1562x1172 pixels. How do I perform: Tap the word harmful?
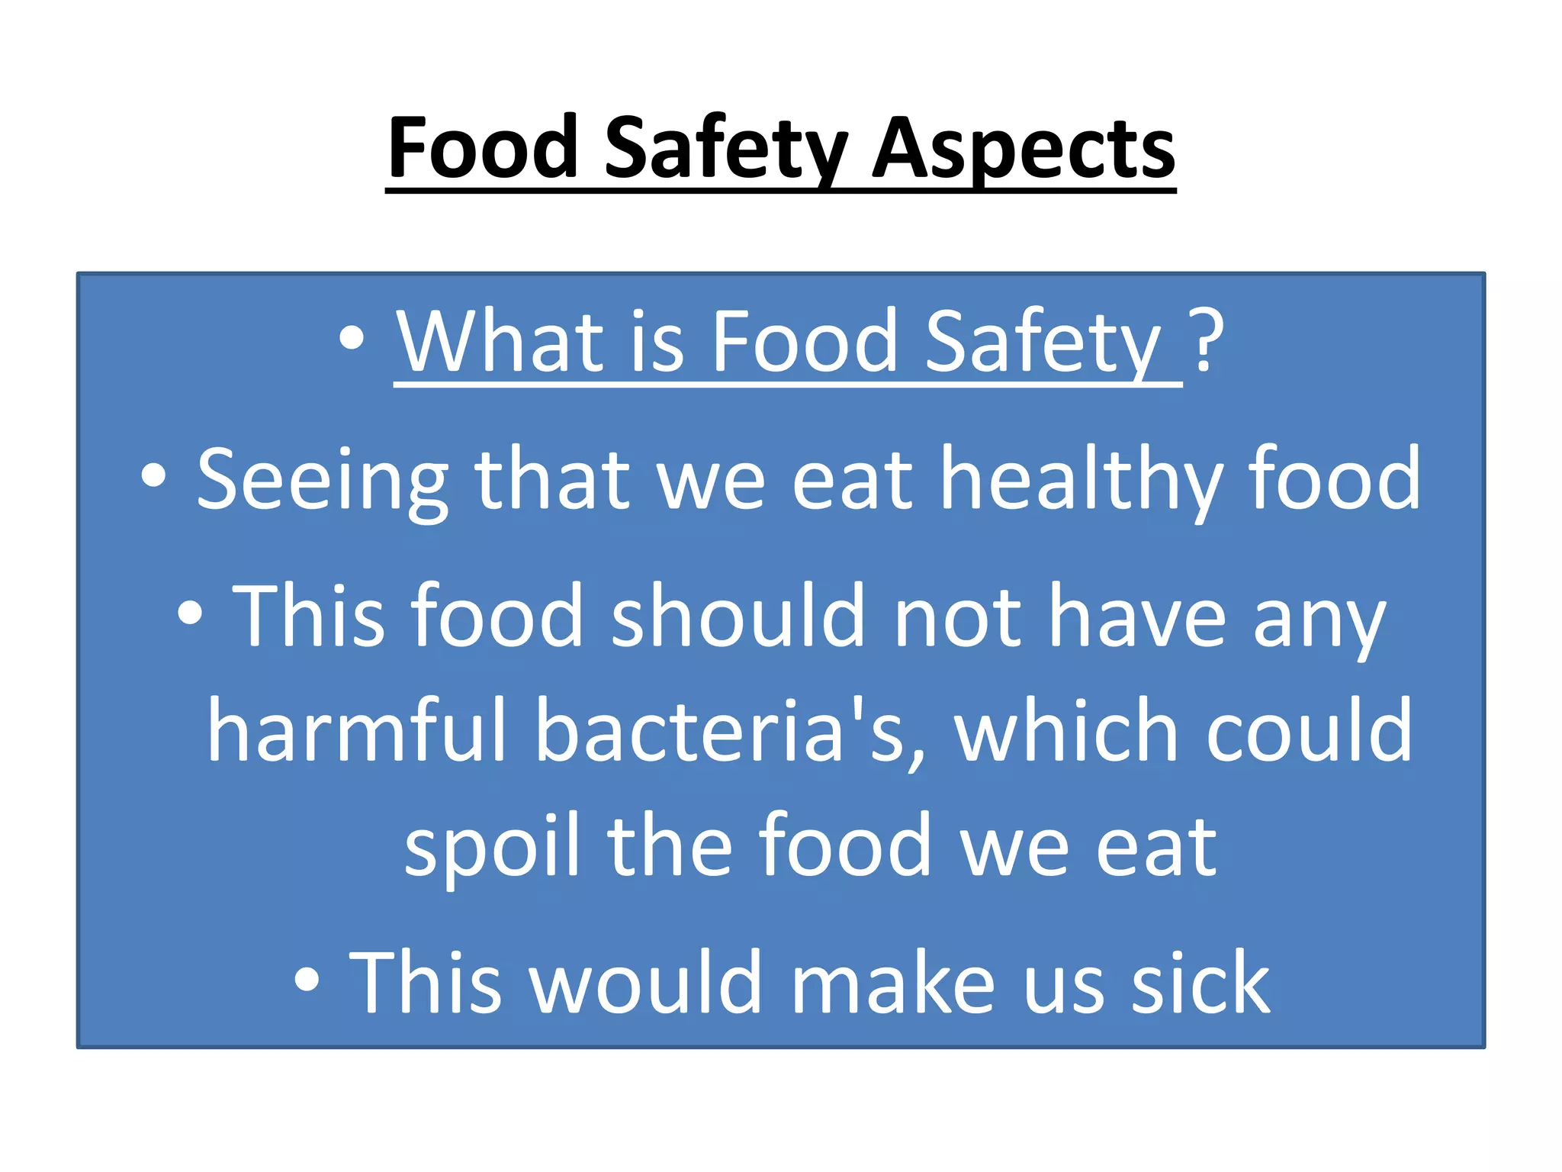pyautogui.click(x=356, y=730)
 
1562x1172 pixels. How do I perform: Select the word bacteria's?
pyautogui.click(x=729, y=730)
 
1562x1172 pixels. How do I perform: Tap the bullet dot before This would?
pyautogui.click(x=307, y=979)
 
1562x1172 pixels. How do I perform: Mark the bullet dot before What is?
pyautogui.click(x=352, y=338)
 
